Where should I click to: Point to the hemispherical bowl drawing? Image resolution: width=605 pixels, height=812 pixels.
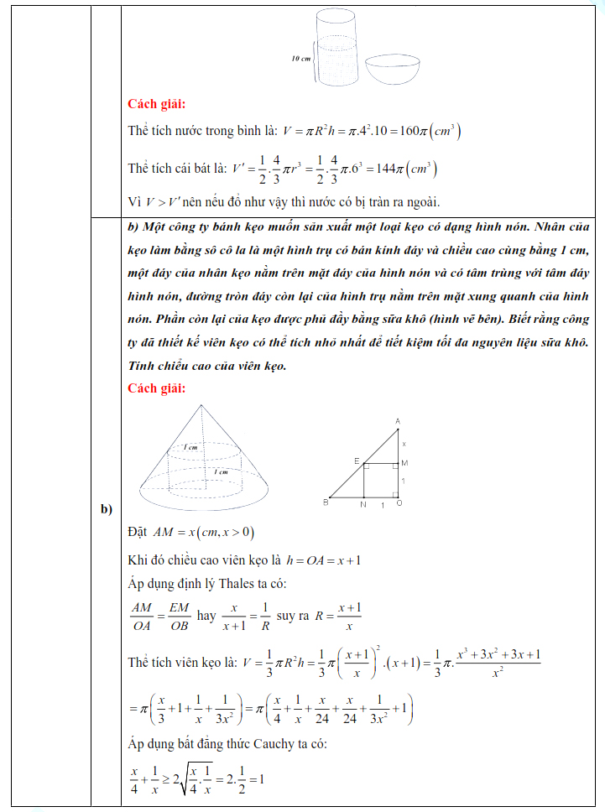(x=391, y=70)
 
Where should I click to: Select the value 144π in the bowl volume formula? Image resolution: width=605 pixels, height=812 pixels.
(x=393, y=169)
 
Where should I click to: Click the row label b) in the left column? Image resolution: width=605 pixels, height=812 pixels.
(x=107, y=509)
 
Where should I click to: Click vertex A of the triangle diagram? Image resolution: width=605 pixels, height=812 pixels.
(x=397, y=421)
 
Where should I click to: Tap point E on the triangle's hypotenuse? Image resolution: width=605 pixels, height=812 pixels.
(x=357, y=461)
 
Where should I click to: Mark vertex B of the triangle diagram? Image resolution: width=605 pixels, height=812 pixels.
(x=325, y=502)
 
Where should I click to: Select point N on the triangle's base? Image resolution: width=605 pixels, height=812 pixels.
(x=362, y=505)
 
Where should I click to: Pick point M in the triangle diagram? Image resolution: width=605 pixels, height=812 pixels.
(x=404, y=462)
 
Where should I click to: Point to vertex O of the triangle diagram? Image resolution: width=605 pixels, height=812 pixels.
(x=398, y=505)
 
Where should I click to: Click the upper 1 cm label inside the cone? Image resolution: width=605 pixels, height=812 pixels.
(x=190, y=447)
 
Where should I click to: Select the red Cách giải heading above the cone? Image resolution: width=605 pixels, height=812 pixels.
(x=156, y=388)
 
